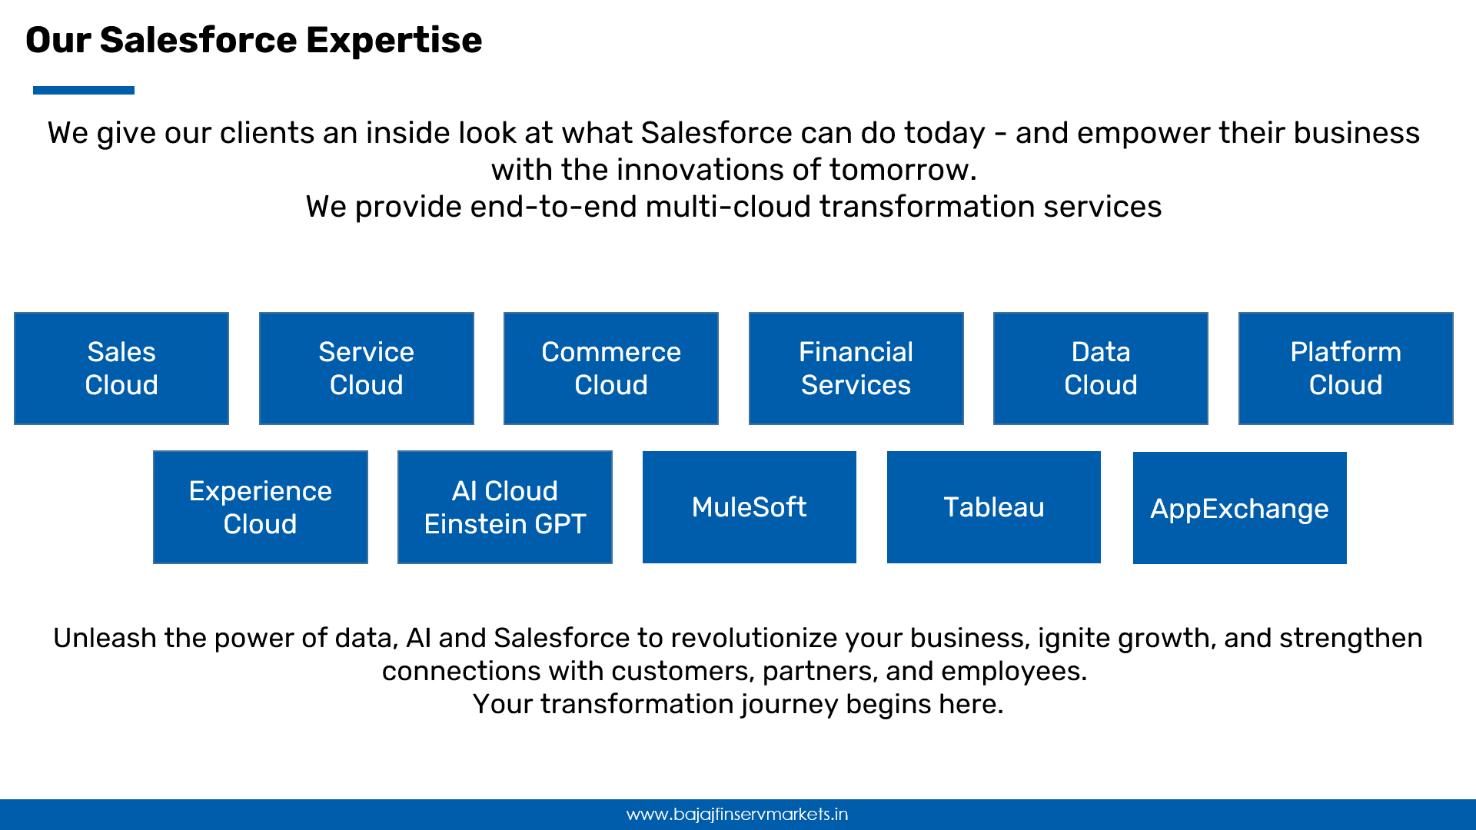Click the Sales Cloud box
tap(121, 368)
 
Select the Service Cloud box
tap(367, 368)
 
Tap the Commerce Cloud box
tap(611, 368)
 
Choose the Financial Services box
tap(856, 368)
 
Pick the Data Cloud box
tap(1101, 368)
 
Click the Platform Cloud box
tap(1346, 368)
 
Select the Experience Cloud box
tap(261, 507)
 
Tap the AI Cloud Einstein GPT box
tap(505, 507)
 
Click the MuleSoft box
tap(750, 507)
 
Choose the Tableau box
tap(994, 507)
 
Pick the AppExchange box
tap(1240, 508)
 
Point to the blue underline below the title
tap(84, 90)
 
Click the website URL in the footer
tap(737, 814)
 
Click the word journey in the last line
tap(790, 705)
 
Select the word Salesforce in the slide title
tap(198, 40)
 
